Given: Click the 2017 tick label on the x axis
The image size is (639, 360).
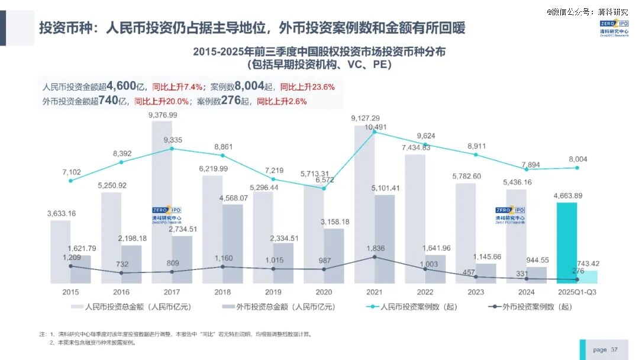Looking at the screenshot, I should click(x=172, y=292).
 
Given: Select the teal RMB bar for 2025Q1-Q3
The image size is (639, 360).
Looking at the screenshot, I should click(x=567, y=243).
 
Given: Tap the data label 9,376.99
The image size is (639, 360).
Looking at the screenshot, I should click(x=162, y=115).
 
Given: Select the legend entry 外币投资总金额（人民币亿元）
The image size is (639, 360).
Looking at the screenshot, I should click(x=278, y=307).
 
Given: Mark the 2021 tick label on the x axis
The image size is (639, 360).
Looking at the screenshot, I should click(x=375, y=292).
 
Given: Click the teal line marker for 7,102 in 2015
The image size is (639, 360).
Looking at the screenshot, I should click(x=70, y=181).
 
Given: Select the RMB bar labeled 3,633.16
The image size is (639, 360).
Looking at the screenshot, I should click(x=60, y=252).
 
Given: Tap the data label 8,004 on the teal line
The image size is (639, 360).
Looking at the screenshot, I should click(x=577, y=159).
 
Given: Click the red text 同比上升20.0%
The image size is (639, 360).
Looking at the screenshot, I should click(x=162, y=101).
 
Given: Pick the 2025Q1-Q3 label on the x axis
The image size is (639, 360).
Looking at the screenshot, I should click(x=577, y=292).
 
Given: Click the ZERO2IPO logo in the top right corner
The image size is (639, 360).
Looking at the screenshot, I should click(x=614, y=28).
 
